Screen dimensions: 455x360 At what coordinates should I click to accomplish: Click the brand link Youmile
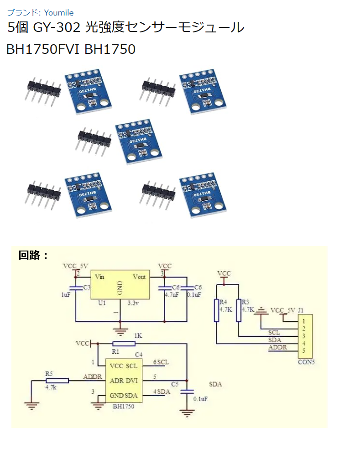click(x=58, y=13)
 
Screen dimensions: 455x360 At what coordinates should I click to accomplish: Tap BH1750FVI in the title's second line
click(x=44, y=49)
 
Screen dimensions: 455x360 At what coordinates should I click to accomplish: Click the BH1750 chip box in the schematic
click(x=124, y=380)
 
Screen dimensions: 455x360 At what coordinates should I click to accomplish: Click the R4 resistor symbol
click(x=217, y=310)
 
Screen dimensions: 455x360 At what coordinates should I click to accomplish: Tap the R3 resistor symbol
click(x=239, y=310)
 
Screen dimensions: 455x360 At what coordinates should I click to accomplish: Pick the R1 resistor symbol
click(x=124, y=343)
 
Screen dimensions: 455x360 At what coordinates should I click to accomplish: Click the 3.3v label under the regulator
click(x=134, y=303)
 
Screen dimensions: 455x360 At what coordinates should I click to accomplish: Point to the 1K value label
click(x=138, y=335)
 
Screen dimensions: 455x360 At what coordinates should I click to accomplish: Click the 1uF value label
click(x=65, y=295)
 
